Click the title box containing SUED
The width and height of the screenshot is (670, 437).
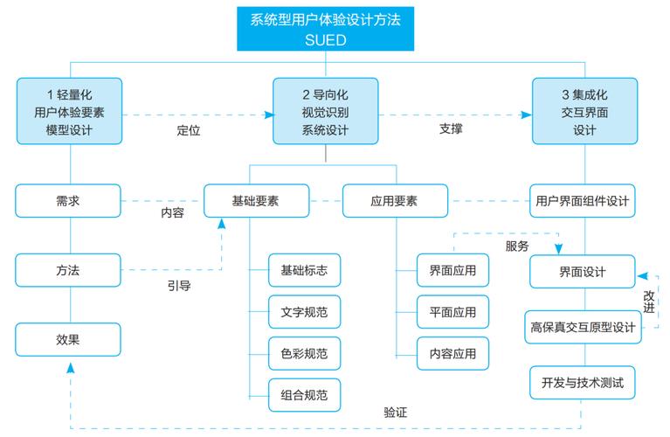326,29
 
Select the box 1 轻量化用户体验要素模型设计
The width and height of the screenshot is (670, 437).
69,111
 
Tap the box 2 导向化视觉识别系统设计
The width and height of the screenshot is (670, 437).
325,111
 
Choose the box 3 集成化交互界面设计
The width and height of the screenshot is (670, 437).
584,111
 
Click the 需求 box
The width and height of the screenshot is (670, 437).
69,201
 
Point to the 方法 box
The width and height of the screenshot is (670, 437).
69,270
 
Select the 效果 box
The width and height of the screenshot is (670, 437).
69,339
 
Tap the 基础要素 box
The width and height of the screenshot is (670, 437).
256,201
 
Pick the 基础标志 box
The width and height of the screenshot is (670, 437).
304,271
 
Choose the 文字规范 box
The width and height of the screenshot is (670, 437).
304,312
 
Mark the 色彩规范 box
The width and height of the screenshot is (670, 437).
304,353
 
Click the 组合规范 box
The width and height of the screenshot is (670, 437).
304,394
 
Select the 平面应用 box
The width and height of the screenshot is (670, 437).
452,312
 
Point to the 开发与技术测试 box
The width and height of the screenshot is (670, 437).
583,383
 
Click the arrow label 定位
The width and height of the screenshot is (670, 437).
189,132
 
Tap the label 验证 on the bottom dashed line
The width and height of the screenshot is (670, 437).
396,413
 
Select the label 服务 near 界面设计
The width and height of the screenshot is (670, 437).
517,246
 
